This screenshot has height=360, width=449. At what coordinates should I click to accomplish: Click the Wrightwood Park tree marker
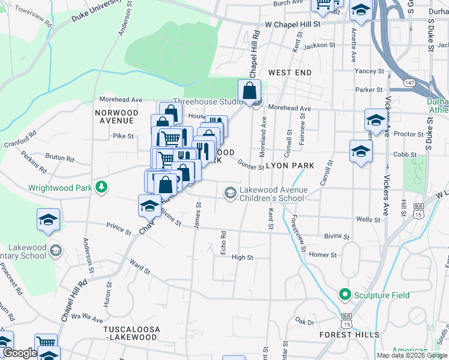click(x=102, y=187)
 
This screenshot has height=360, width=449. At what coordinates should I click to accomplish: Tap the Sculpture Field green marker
click(x=345, y=295)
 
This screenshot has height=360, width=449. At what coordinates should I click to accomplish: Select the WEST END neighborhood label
click(x=290, y=73)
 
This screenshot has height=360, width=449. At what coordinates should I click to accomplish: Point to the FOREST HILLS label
click(x=349, y=334)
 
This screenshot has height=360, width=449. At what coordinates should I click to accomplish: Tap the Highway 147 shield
click(x=408, y=82)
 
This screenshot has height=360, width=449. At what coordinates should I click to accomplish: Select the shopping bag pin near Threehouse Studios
click(x=249, y=92)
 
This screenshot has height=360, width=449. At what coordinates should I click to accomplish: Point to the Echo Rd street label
click(x=222, y=242)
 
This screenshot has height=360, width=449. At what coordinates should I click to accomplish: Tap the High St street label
click(x=243, y=257)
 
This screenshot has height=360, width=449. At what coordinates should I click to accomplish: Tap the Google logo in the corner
click(x=19, y=353)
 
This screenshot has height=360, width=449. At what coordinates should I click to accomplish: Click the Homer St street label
click(x=323, y=255)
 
